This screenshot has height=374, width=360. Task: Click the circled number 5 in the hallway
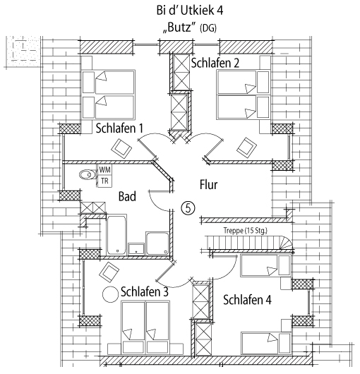pyautogui.click(x=188, y=208)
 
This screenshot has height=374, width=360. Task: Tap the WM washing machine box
pyautogui.click(x=104, y=170)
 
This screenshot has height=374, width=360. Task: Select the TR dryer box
pyautogui.click(x=104, y=181)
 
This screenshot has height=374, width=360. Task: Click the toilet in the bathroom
pyautogui.click(x=88, y=175)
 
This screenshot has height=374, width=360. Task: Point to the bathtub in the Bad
pyautogui.click(x=116, y=235)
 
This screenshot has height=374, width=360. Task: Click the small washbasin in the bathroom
pyautogui.click(x=136, y=249)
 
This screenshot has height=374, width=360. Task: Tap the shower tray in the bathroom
pyautogui.click(x=157, y=243)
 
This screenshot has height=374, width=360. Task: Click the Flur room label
pyautogui.click(x=208, y=185)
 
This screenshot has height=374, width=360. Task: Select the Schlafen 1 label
pyautogui.click(x=119, y=128)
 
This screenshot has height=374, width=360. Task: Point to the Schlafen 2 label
pyautogui.click(x=215, y=63)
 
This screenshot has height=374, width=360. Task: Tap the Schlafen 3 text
pyautogui.click(x=145, y=291)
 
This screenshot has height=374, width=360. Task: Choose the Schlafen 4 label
pyautogui.click(x=247, y=300)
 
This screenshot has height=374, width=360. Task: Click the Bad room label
pyautogui.click(x=127, y=197)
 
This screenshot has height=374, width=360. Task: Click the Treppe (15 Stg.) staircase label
pyautogui.click(x=246, y=231)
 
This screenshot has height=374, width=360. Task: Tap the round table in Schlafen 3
pyautogui.click(x=110, y=294)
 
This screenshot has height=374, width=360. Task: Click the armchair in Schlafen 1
pyautogui.click(x=121, y=148)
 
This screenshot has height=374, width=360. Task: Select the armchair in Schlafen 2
pyautogui.click(x=246, y=147)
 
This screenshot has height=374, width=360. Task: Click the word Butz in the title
pyautogui.click(x=180, y=28)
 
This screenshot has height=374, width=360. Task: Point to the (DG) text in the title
pyautogui.click(x=208, y=28)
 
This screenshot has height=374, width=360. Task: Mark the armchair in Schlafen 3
pyautogui.click(x=109, y=272)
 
